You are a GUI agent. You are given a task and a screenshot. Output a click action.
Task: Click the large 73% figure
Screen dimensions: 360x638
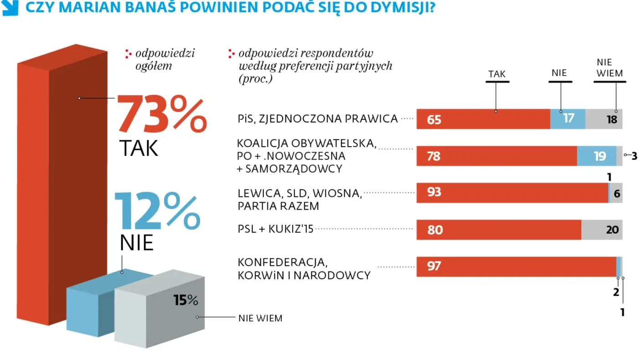tap(162, 114)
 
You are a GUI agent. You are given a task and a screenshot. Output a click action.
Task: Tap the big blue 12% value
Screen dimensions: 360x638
tap(157, 211)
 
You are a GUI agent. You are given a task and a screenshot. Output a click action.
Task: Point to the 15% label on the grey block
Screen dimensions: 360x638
tap(185, 300)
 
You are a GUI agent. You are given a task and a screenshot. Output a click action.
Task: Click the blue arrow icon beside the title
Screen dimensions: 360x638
tap(10, 8)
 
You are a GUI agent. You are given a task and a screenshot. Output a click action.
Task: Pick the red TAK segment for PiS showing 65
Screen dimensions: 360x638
tap(483, 119)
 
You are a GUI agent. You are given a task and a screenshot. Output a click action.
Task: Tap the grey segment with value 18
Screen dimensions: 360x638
tap(604, 119)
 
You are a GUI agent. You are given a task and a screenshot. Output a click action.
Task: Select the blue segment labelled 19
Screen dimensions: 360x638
tap(597, 156)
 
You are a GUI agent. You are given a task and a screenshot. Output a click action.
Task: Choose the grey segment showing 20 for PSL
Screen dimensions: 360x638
tap(602, 230)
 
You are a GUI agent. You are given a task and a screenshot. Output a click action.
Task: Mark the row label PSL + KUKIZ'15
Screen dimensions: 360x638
tap(276, 229)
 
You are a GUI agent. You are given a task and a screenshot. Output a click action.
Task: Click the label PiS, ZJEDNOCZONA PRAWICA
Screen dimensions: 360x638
tap(318, 119)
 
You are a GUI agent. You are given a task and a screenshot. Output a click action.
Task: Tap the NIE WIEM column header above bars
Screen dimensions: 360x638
tap(604, 67)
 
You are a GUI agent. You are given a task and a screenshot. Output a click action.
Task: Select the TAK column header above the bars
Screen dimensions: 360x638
tap(497, 74)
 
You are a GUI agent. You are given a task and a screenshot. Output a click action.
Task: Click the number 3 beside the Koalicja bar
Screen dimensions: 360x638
tap(634, 156)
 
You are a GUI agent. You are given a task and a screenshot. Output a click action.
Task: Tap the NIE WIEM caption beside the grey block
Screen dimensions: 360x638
tap(260, 318)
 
